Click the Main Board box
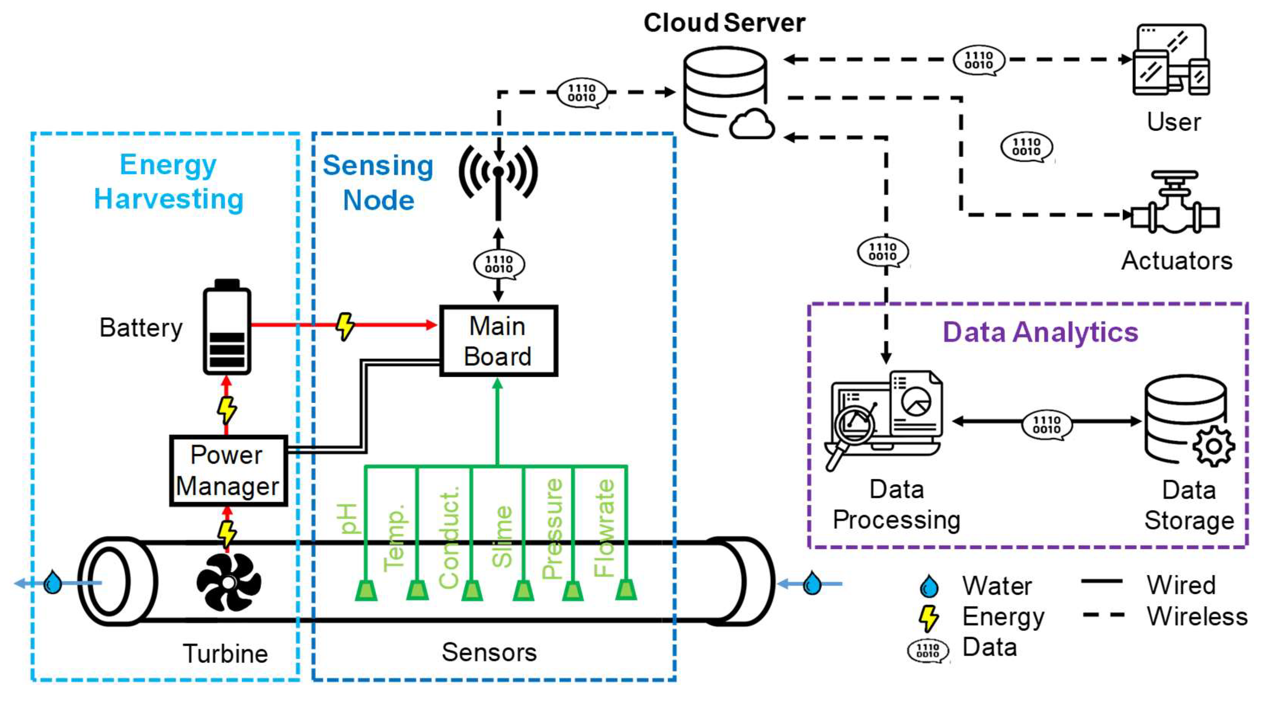coord(498,341)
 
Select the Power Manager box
coord(228,470)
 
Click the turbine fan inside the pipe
coord(228,582)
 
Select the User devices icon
coord(1171,60)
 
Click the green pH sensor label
coord(347,519)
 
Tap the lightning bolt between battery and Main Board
coord(345,325)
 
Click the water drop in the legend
coord(929,586)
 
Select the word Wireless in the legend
coord(1197,616)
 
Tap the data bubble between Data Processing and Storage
coord(1046,425)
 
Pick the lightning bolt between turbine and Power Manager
coord(227,533)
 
